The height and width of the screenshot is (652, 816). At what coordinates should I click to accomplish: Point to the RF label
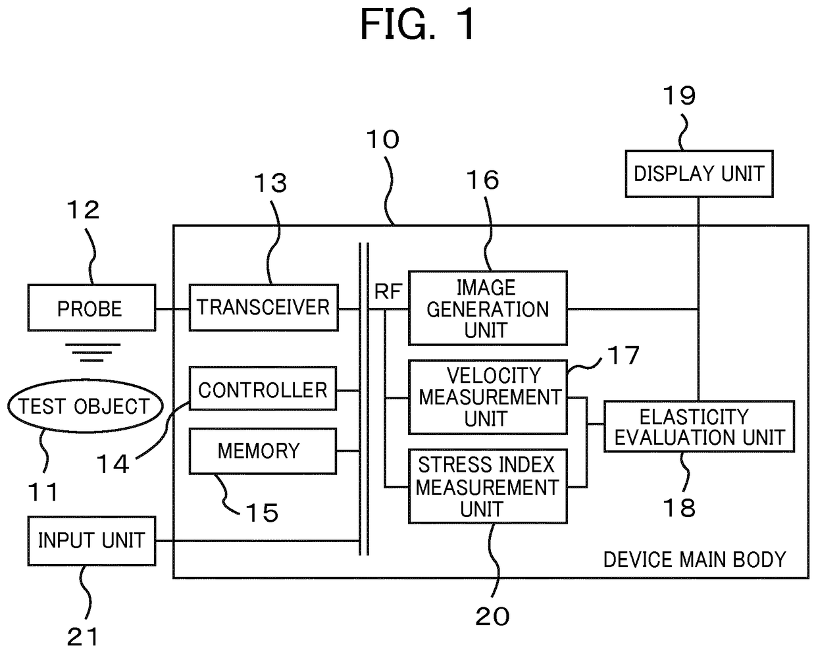coord(388,291)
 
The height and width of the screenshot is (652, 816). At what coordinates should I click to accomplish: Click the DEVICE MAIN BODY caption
coord(695,559)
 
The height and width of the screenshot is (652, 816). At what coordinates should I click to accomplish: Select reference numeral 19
coord(679,95)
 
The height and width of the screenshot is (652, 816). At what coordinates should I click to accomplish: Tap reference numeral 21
coord(83,636)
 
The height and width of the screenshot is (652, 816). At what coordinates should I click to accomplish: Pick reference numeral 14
coord(113,464)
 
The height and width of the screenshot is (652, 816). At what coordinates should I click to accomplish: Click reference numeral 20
coord(492,616)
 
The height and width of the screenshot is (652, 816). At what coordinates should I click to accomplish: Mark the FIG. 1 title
coord(417,24)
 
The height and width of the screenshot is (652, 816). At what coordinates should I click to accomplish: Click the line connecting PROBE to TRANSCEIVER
coord(172,309)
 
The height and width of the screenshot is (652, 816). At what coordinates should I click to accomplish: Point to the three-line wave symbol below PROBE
coord(93,353)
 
